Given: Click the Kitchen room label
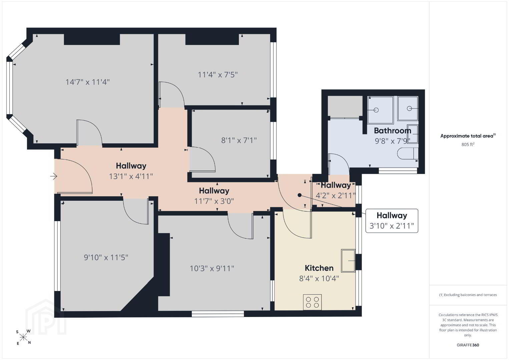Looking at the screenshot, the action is [x=319, y=268].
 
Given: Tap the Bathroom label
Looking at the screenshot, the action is [x=393, y=131].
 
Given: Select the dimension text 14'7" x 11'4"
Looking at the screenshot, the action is [x=87, y=82].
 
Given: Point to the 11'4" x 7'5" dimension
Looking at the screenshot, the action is [x=218, y=75].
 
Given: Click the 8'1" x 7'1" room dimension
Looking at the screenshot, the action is [x=239, y=140].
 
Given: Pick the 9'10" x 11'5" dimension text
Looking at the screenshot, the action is [x=106, y=258].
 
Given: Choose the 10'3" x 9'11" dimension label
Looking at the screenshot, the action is [x=212, y=268].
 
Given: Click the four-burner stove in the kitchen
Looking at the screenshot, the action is [x=312, y=302].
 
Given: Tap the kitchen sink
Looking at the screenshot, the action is [x=348, y=261].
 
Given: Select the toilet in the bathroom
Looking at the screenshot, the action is [x=408, y=154].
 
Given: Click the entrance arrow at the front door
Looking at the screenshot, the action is [x=54, y=176].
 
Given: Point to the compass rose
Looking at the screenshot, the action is [x=23, y=337].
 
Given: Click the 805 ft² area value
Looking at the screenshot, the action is [x=468, y=144].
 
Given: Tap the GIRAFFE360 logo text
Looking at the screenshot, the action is [x=468, y=345].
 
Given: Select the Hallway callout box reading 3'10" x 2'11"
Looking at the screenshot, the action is [x=392, y=221].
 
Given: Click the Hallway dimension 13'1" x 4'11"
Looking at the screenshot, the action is [x=131, y=176].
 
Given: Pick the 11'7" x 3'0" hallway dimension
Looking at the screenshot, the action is [x=214, y=201].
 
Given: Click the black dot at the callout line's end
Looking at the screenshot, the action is [x=300, y=195].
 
